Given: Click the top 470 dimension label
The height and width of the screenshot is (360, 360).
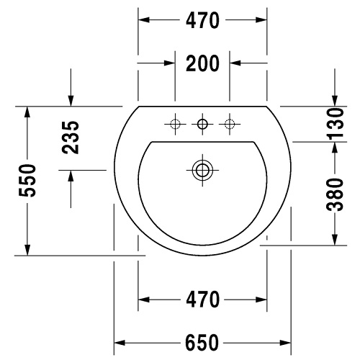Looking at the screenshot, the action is (202, 20).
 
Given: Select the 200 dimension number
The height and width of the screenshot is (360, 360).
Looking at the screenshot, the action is (202, 63).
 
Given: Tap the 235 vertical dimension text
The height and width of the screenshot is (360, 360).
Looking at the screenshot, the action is (71, 138).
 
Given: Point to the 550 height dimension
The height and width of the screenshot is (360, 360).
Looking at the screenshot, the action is (27, 181).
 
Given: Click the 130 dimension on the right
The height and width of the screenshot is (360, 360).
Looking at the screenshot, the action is (336, 124).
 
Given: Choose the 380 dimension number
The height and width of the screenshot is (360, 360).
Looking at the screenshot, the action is (336, 194).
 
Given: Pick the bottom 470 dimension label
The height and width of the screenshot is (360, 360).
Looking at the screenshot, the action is (202, 300).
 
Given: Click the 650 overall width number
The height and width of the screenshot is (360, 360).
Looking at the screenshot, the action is (202, 343).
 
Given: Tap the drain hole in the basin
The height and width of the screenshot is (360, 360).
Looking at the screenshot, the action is (202, 170).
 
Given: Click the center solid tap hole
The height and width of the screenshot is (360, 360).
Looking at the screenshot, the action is (202, 124).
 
